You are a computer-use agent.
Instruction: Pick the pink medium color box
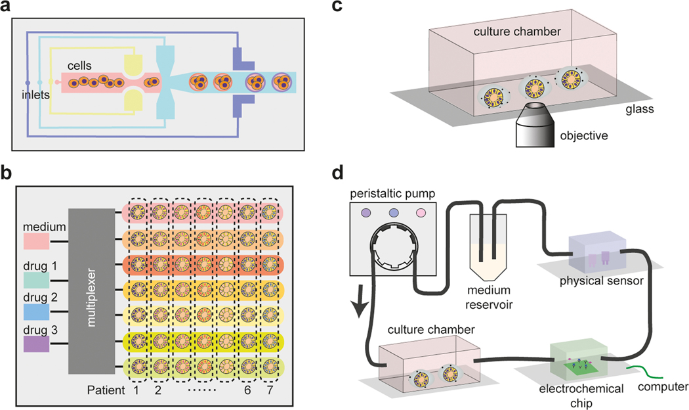tap(36, 241)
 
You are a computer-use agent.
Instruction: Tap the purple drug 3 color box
tap(36, 342)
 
